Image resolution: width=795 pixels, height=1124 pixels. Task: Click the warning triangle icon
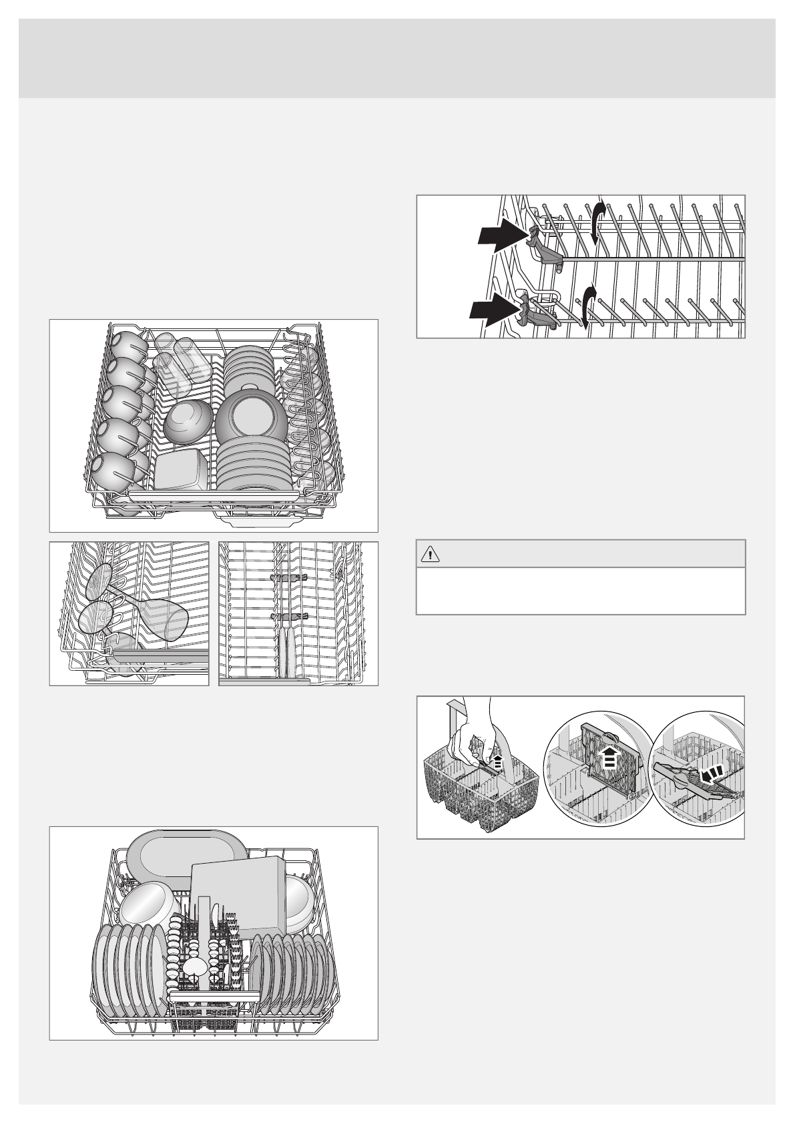pos(430,553)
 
